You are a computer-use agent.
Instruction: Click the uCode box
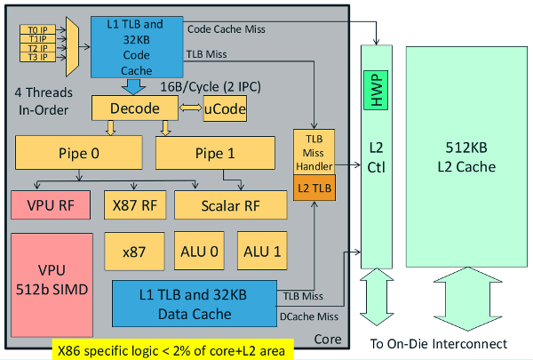[x=224, y=108]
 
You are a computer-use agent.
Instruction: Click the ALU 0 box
[x=195, y=252]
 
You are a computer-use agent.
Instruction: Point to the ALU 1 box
[x=261, y=252]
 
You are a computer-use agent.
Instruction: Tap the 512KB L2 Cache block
[x=464, y=156]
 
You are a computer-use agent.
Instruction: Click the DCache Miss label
[x=307, y=315]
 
